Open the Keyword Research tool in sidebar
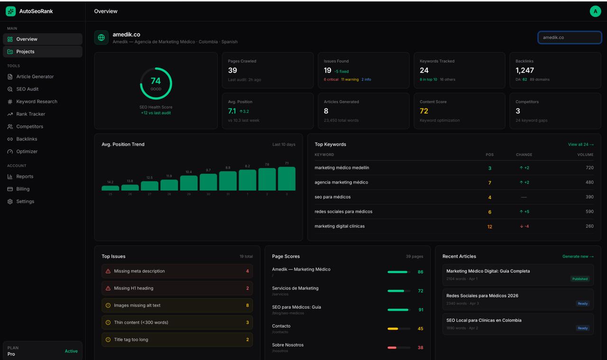pyautogui.click(x=37, y=102)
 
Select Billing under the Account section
pyautogui.click(x=23, y=189)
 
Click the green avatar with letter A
pyautogui.click(x=595, y=11)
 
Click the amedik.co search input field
pyautogui.click(x=570, y=37)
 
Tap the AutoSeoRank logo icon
pyautogui.click(x=10, y=11)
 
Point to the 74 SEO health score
pyautogui.click(x=156, y=82)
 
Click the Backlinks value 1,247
pyautogui.click(x=524, y=70)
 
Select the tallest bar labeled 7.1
pyautogui.click(x=286, y=178)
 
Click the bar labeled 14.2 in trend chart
pyautogui.click(x=110, y=188)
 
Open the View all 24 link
pyautogui.click(x=580, y=144)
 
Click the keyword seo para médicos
pyautogui.click(x=332, y=197)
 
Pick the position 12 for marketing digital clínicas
pyautogui.click(x=489, y=227)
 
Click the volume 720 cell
pyautogui.click(x=589, y=168)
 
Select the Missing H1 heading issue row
pyautogui.click(x=177, y=288)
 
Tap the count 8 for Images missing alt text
pyautogui.click(x=247, y=305)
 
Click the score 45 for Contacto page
pyautogui.click(x=420, y=329)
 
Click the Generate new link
pyautogui.click(x=578, y=257)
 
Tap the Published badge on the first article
pyautogui.click(x=579, y=279)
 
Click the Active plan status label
pyautogui.click(x=71, y=351)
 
